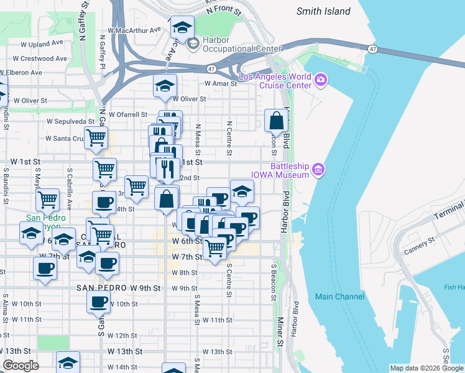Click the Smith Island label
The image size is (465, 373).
[x=323, y=11]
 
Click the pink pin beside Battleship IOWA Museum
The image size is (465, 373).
[x=318, y=169]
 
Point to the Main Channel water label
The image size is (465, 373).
[x=339, y=297]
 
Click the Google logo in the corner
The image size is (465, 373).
[x=21, y=366]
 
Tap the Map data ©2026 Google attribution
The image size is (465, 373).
[x=426, y=368]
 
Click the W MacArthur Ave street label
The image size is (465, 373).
[x=134, y=29]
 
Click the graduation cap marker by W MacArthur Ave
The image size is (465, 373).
[x=182, y=27]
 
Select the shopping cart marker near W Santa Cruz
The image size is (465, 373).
[x=96, y=137]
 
